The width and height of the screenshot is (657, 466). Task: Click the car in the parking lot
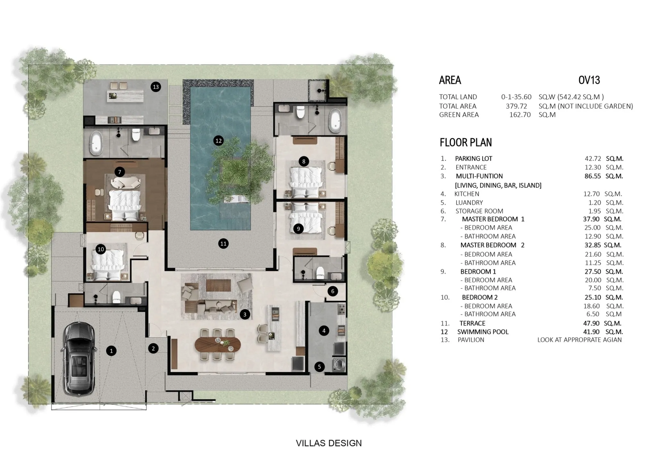pyautogui.click(x=80, y=358)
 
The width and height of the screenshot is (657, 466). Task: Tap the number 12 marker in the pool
pyautogui.click(x=218, y=140)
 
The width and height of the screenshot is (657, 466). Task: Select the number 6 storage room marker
pyautogui.click(x=333, y=291)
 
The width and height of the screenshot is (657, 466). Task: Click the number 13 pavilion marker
pyautogui.click(x=156, y=87)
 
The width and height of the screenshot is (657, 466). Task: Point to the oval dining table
pyautogui.click(x=218, y=344)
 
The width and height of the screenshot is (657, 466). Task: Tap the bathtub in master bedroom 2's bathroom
pyautogui.click(x=335, y=121)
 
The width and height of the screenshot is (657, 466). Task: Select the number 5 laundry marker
pyautogui.click(x=319, y=367)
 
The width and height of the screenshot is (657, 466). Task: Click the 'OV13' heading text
pyautogui.click(x=589, y=80)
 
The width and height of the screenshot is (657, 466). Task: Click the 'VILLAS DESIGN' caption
pyautogui.click(x=328, y=443)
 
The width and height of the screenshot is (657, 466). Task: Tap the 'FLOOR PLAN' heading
pyautogui.click(x=465, y=142)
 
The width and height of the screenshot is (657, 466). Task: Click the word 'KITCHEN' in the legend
pyautogui.click(x=467, y=194)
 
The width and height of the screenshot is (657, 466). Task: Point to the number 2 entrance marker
pyautogui.click(x=153, y=348)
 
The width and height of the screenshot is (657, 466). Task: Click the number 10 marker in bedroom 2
pyautogui.click(x=101, y=249)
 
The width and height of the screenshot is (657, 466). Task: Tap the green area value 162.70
pyautogui.click(x=520, y=115)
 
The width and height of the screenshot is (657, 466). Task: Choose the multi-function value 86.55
pyautogui.click(x=593, y=176)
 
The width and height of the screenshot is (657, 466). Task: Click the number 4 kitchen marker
pyautogui.click(x=324, y=331)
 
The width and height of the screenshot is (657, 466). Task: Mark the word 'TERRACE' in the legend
pyautogui.click(x=472, y=323)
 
